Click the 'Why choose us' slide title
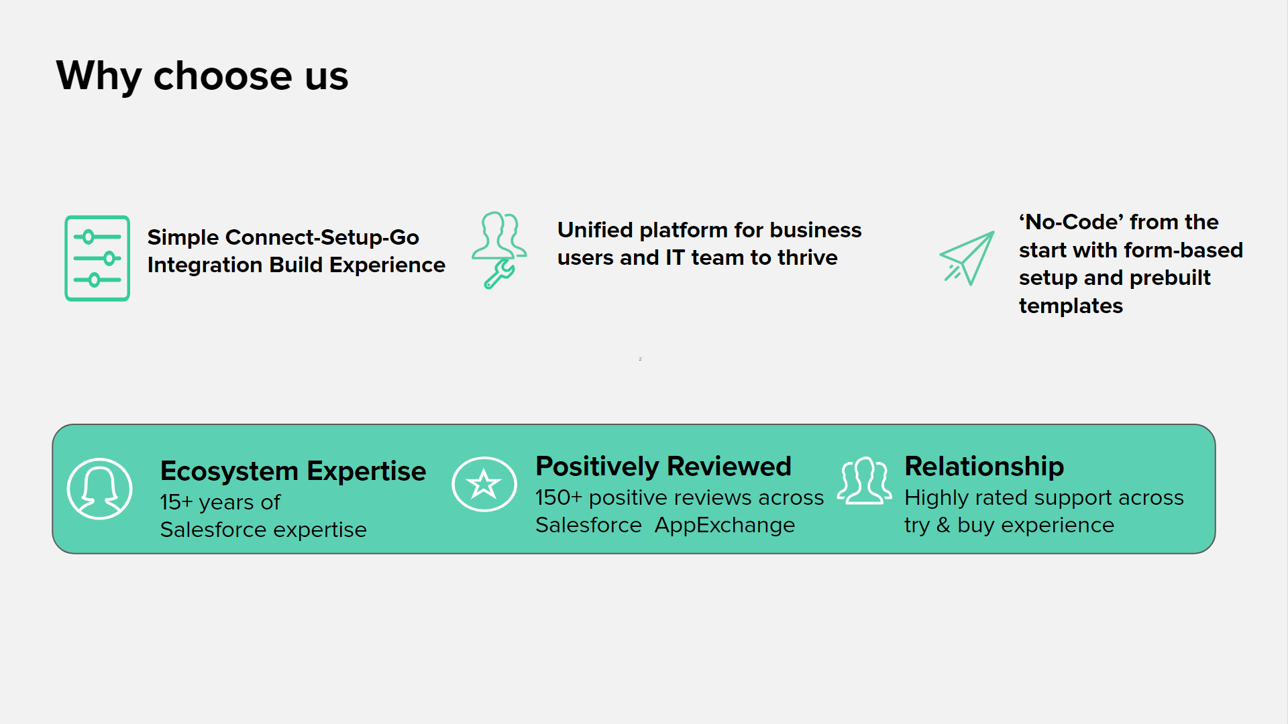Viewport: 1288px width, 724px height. point(202,75)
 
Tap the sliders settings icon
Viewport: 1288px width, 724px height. point(97,258)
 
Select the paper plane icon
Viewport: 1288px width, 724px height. point(967,258)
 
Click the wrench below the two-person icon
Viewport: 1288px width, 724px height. point(499,274)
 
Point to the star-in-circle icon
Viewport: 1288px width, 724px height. point(484,484)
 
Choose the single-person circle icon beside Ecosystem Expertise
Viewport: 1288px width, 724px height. point(99,489)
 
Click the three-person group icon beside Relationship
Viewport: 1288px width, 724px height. point(865,481)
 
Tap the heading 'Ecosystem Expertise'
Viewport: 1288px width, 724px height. point(293,471)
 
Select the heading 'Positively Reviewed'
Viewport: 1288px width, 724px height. point(663,466)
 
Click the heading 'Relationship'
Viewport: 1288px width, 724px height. point(984,466)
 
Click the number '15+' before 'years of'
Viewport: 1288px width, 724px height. point(176,502)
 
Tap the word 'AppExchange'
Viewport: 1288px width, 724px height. point(724,525)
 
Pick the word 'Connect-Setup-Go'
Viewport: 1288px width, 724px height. point(322,237)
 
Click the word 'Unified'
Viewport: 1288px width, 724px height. point(595,230)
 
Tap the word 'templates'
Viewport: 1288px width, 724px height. point(1071,306)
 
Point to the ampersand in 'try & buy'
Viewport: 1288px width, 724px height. point(943,525)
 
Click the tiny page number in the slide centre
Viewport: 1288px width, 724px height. point(640,359)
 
